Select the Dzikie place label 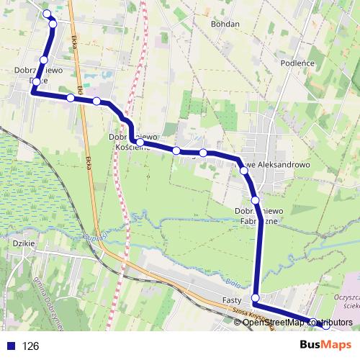[24, 244]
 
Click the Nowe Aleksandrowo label [277, 164]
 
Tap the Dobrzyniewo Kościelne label [132, 141]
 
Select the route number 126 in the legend [30, 346]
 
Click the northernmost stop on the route [48, 14]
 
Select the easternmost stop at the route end [325, 325]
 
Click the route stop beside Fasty [255, 297]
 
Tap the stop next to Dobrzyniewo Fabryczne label [255, 199]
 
